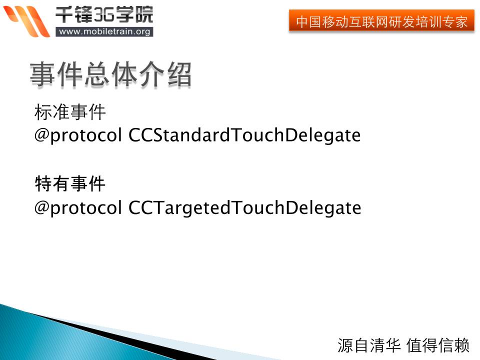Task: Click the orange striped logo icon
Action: [26, 21]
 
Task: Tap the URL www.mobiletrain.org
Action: [104, 31]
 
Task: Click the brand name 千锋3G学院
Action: [104, 14]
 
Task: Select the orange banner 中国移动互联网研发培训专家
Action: [381, 21]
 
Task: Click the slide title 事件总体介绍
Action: [111, 74]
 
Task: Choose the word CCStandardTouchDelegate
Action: [244, 135]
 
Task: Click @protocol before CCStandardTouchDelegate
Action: [78, 135]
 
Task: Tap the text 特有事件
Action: [70, 183]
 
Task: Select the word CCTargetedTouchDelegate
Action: [244, 208]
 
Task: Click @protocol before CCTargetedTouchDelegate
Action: [78, 208]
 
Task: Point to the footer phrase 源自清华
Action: [369, 345]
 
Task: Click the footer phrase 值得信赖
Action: [438, 345]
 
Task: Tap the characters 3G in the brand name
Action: [104, 14]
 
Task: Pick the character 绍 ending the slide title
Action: [179, 74]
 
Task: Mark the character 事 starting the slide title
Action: [42, 74]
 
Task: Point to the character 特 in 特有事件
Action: [43, 183]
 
